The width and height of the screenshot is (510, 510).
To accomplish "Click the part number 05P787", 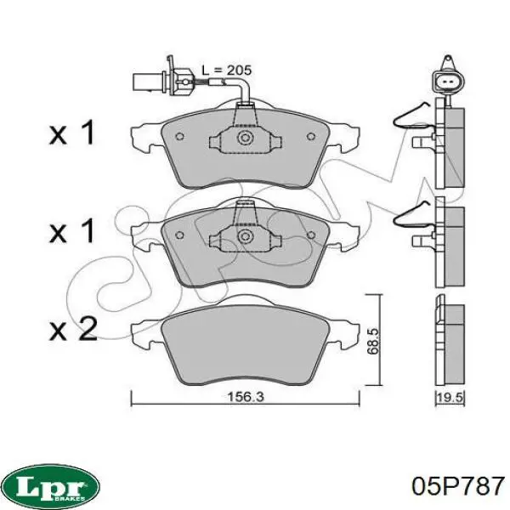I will (457, 485).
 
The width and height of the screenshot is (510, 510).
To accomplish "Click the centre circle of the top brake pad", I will (245, 138).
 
